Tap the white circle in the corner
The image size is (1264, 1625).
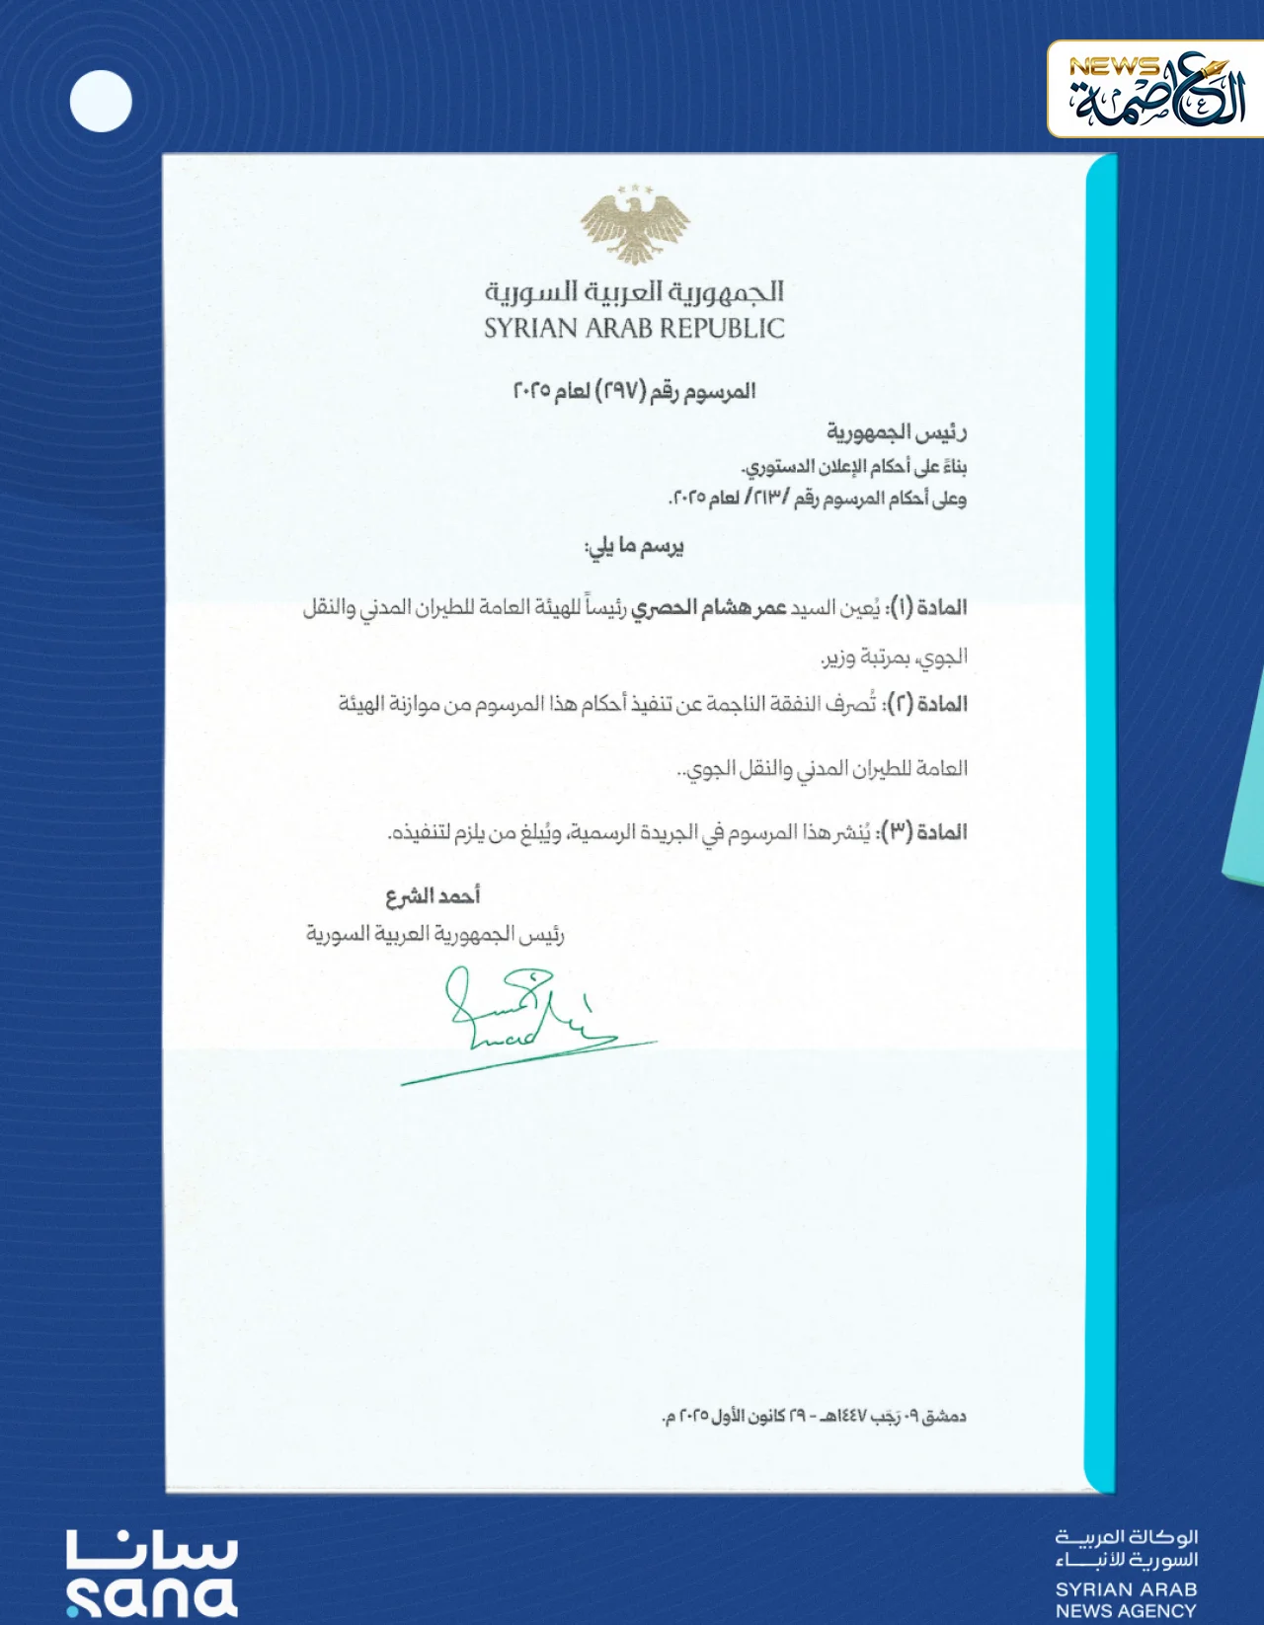[101, 102]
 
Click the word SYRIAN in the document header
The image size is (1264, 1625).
[531, 329]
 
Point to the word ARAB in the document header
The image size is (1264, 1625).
[621, 329]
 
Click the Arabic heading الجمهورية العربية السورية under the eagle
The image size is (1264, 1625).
[634, 291]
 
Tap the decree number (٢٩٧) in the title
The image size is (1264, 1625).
[618, 392]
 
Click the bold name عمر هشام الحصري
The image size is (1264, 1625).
[709, 607]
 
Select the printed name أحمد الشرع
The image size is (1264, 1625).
[433, 896]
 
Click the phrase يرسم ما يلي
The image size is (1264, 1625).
[634, 547]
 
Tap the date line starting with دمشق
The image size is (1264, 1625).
[814, 1417]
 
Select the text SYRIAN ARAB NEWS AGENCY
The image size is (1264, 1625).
[1126, 1599]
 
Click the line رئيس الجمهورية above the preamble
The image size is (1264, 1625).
[897, 432]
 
